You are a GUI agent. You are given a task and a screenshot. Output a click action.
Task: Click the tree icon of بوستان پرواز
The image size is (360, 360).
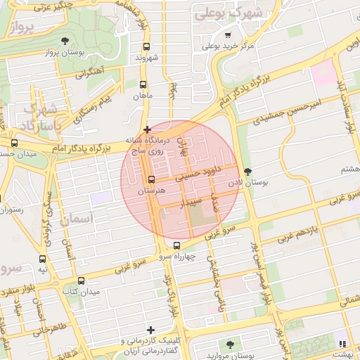coord(65,41)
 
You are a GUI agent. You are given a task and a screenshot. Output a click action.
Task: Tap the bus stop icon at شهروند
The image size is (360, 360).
coord(146,47)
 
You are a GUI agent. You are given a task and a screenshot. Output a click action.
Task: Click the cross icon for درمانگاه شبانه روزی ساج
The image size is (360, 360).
coord(146,129)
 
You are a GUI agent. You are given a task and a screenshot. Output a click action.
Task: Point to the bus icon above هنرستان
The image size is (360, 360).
coord(151,179)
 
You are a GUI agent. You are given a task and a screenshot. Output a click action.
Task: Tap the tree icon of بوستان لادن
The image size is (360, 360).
coord(247,172)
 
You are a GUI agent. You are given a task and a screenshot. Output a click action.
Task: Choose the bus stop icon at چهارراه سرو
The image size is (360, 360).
coord(176,245)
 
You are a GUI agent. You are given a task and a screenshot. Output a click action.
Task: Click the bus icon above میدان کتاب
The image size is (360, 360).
coord(81,281)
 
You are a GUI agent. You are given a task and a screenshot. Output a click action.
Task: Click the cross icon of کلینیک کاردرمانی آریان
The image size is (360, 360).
coord(150,330)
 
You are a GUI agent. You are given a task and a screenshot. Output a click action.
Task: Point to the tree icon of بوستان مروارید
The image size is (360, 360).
coord(230,344)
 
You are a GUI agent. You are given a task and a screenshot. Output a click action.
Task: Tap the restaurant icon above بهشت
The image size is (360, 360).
coord(343,344)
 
